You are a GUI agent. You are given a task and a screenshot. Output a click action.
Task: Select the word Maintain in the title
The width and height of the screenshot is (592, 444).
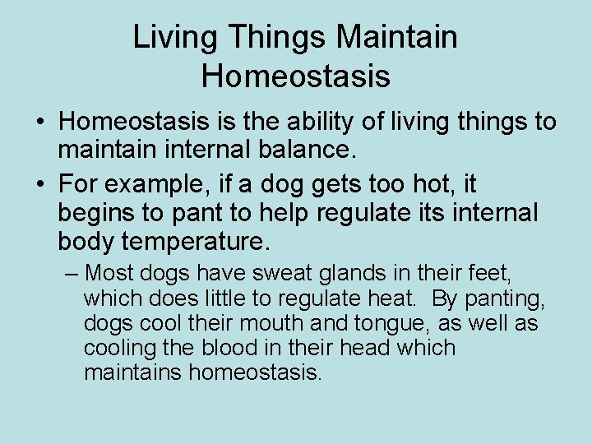coord(397,37)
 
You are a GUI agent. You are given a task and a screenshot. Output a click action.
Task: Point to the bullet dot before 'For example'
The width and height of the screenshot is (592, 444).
coord(40,183)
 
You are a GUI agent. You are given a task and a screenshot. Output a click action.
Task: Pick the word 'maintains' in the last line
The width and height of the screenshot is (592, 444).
coord(133,372)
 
